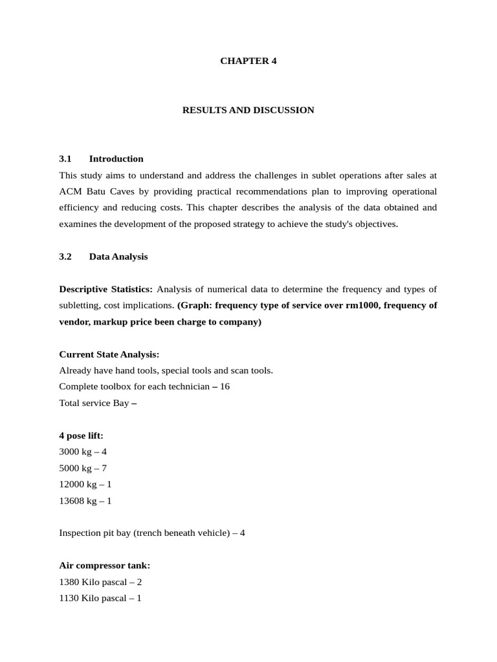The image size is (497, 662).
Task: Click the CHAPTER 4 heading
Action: click(x=248, y=61)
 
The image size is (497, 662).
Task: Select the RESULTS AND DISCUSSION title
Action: click(x=248, y=110)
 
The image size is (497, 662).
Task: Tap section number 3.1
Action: click(x=65, y=159)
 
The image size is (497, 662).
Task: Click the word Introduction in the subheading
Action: click(x=116, y=159)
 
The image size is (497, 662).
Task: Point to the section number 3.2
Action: click(x=65, y=257)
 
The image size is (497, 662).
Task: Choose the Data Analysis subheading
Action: click(x=118, y=257)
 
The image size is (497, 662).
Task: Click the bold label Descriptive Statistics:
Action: click(x=106, y=289)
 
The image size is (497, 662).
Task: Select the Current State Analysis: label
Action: click(x=109, y=354)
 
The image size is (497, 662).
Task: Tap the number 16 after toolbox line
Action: click(x=225, y=387)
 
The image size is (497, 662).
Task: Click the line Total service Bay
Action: click(x=98, y=403)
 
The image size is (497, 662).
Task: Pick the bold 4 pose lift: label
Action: click(x=81, y=436)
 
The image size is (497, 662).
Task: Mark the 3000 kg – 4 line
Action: click(x=83, y=452)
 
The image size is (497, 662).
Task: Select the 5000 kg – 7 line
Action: click(x=83, y=468)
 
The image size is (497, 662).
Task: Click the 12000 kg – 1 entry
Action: click(x=85, y=484)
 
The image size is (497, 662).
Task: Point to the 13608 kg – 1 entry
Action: click(x=85, y=500)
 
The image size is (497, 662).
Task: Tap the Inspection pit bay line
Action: click(x=152, y=533)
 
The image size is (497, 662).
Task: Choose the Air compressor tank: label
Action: click(x=104, y=566)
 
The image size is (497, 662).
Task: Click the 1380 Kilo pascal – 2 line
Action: click(x=100, y=582)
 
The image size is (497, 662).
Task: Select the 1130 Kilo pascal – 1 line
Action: click(x=100, y=598)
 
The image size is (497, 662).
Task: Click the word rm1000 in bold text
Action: click(x=363, y=305)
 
